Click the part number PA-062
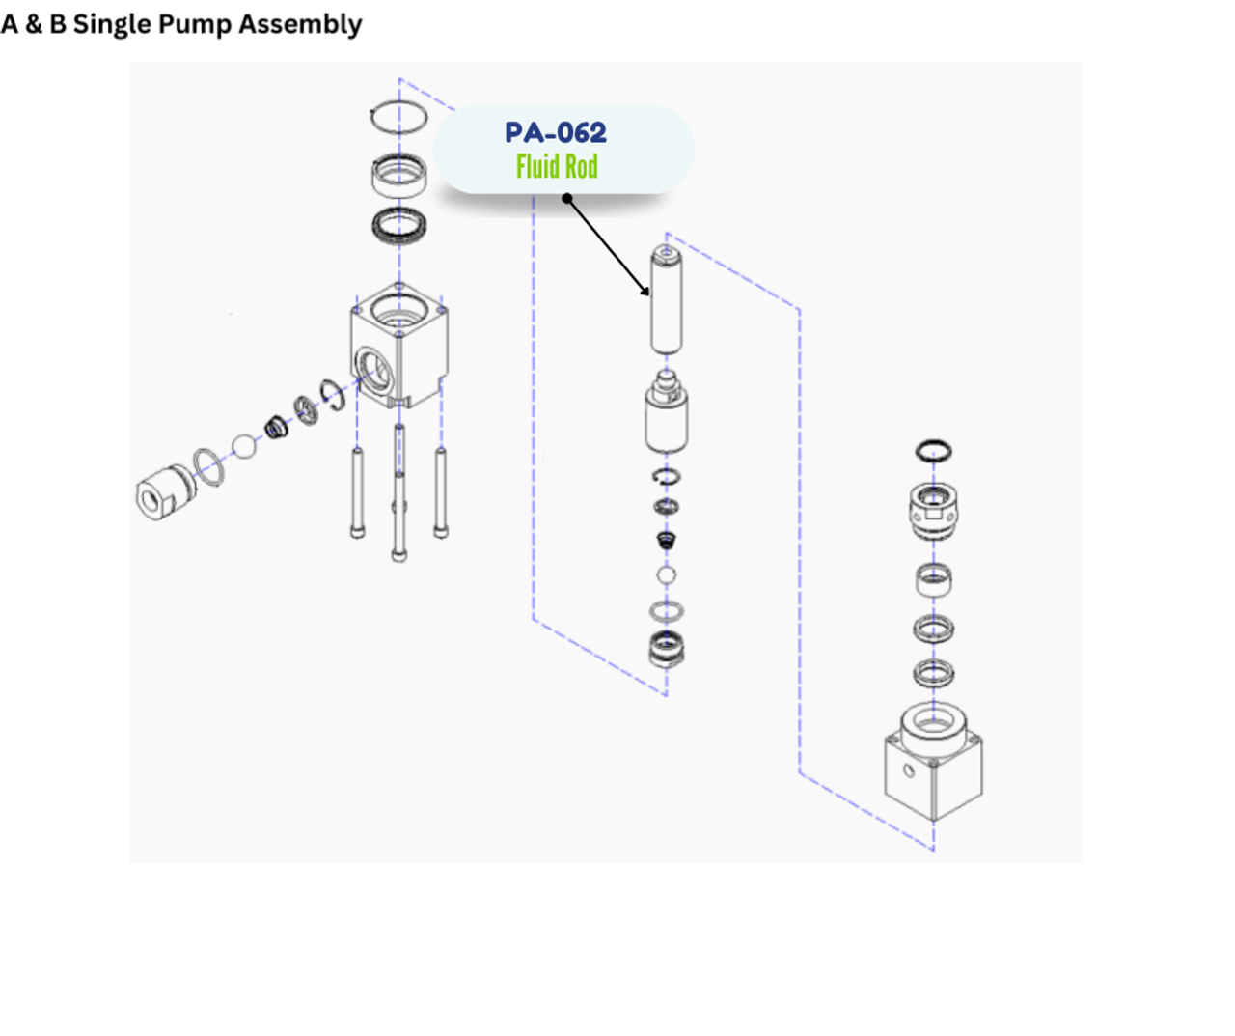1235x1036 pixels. pyautogui.click(x=556, y=132)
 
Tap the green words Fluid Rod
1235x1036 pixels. pyautogui.click(x=557, y=166)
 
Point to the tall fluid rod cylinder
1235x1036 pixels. pyautogui.click(x=666, y=301)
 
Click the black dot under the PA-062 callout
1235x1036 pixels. pyautogui.click(x=567, y=199)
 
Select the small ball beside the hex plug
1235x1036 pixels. pyautogui.click(x=244, y=446)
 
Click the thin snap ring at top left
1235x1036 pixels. pyautogui.click(x=398, y=117)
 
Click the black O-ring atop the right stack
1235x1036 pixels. pyautogui.click(x=933, y=451)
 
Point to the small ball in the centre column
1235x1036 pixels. pyautogui.click(x=666, y=575)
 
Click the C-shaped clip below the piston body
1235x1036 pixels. pyautogui.click(x=666, y=476)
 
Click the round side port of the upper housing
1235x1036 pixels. pyautogui.click(x=370, y=367)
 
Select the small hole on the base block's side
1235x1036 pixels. pyautogui.click(x=908, y=771)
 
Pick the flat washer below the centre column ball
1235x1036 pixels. pyautogui.click(x=666, y=610)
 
